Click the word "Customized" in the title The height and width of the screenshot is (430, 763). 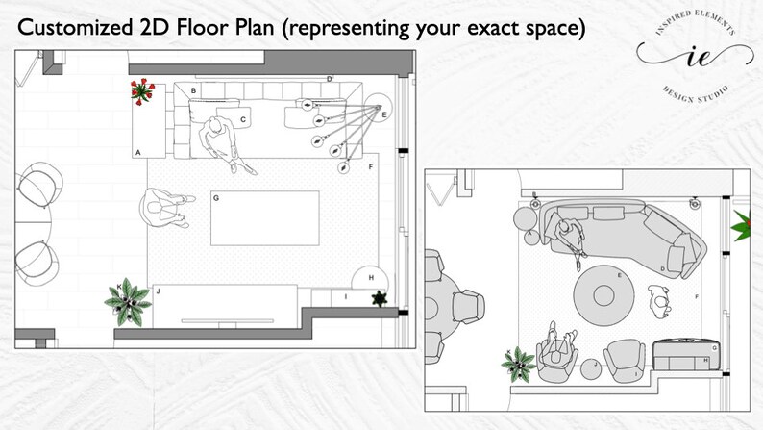point(76,28)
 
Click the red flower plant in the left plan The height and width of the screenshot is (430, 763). point(143,91)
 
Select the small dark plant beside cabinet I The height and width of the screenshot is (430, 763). point(381,299)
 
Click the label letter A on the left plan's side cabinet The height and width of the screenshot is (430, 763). point(138,152)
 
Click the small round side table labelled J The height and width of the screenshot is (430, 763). point(593,367)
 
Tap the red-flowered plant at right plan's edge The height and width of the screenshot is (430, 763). point(744,226)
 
